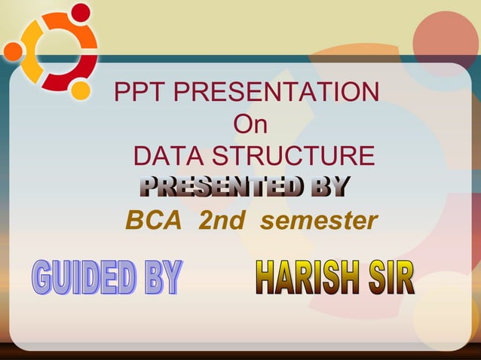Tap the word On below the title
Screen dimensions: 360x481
(250, 125)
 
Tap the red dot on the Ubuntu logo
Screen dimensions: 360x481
(80, 13)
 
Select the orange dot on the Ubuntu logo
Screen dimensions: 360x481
(13, 51)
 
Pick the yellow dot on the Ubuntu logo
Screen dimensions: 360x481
(80, 90)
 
